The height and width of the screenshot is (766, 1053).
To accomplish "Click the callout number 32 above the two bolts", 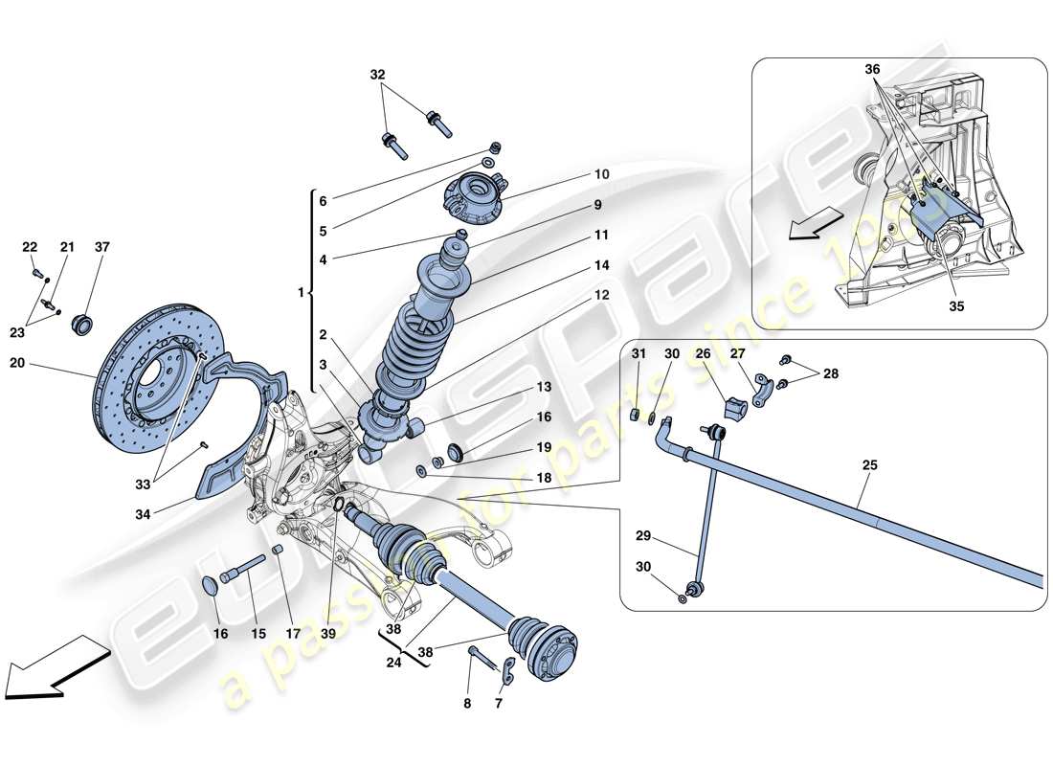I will point(379,74).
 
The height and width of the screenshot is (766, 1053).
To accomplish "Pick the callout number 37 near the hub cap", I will point(101,247).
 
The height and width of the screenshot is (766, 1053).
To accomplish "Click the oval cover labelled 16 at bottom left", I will point(212,585).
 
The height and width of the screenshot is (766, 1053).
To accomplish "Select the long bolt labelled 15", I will point(245,571).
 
